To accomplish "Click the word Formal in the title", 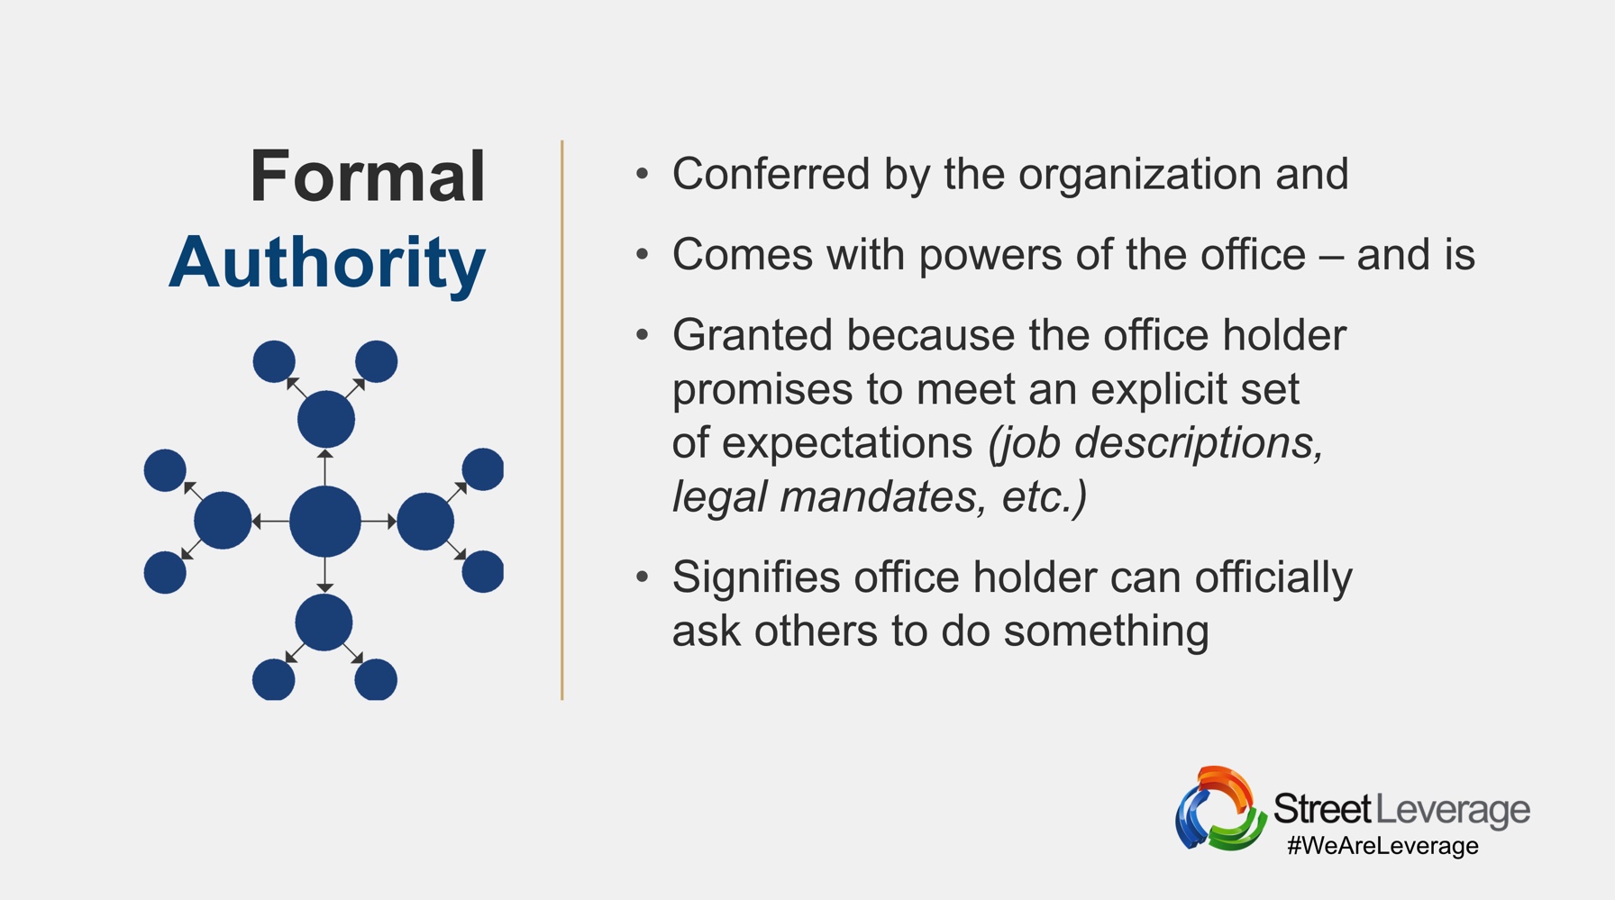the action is [x=368, y=176].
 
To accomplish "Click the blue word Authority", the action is [x=327, y=262].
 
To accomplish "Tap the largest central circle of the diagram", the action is [x=325, y=522].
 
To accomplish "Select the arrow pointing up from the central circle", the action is [x=325, y=467].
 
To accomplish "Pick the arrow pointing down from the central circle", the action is [x=325, y=576].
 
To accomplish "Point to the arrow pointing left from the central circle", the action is [x=270, y=522].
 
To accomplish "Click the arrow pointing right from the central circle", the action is [x=379, y=522].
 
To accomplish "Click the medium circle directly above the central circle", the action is [x=326, y=419].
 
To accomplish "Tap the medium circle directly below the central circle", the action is [x=324, y=623].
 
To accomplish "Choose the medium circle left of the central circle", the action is [x=223, y=521].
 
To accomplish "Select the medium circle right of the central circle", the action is [x=425, y=521].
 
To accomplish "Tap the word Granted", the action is [x=753, y=335].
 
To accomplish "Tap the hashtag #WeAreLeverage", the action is [x=1382, y=846].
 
